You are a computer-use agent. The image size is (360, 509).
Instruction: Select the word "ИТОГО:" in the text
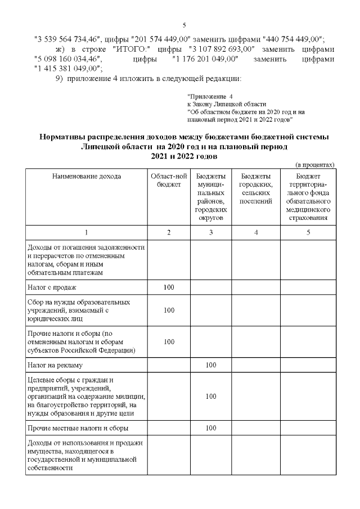(130, 49)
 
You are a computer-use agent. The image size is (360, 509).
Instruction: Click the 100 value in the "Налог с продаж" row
(168, 287)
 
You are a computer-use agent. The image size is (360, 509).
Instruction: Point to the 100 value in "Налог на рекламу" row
(211, 364)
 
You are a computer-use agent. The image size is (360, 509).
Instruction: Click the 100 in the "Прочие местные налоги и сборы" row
(211, 428)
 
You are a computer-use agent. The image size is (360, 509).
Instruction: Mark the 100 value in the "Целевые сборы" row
(211, 397)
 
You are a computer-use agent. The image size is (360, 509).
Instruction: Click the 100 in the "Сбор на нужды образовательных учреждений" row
(168, 310)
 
